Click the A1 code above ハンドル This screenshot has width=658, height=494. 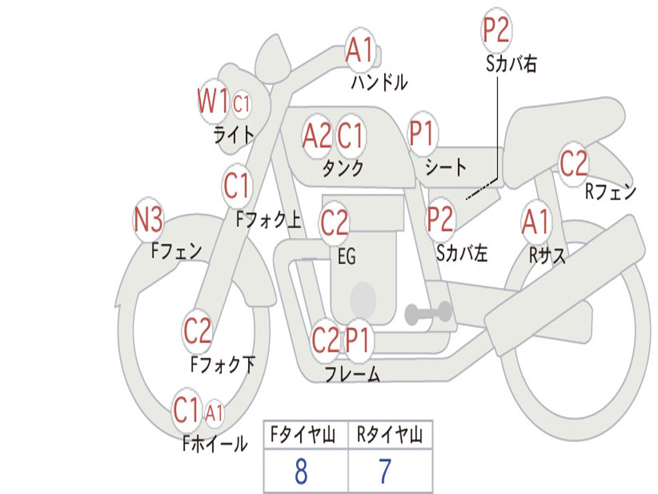click(x=359, y=50)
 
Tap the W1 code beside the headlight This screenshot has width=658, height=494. click(x=213, y=102)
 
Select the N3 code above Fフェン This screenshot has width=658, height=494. click(x=148, y=221)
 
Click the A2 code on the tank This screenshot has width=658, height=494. click(x=317, y=136)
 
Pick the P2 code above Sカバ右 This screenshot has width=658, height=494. click(x=496, y=30)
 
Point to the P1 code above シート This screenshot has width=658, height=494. click(x=423, y=134)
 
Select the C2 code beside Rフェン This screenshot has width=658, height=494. click(x=574, y=163)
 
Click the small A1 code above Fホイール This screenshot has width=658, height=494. click(x=214, y=412)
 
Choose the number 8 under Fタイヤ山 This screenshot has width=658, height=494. click(x=301, y=471)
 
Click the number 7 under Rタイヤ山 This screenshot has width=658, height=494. click(x=385, y=471)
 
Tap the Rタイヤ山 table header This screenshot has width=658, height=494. click(x=390, y=436)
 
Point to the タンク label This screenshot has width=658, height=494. click(x=342, y=169)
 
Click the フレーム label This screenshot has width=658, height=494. click(x=351, y=373)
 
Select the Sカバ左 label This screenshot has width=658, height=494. click(x=462, y=253)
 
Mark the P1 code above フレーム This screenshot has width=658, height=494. click(x=358, y=340)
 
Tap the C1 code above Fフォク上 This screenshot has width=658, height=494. click(x=237, y=187)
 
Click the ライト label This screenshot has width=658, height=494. click(x=234, y=135)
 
